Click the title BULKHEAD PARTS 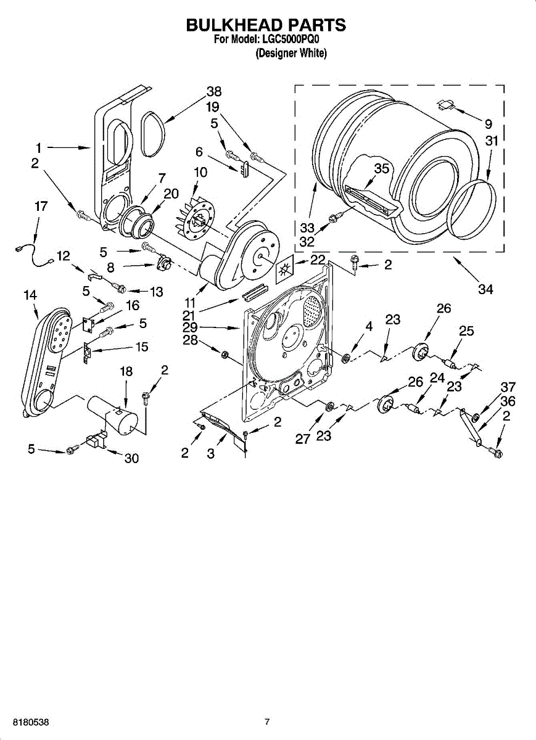point(266,25)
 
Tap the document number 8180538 point(27,721)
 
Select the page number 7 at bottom point(267,721)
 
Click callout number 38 point(213,91)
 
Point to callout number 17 point(41,207)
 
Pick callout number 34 point(485,289)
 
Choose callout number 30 point(131,458)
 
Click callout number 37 point(508,387)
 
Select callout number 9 point(488,122)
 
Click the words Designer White point(291,54)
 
